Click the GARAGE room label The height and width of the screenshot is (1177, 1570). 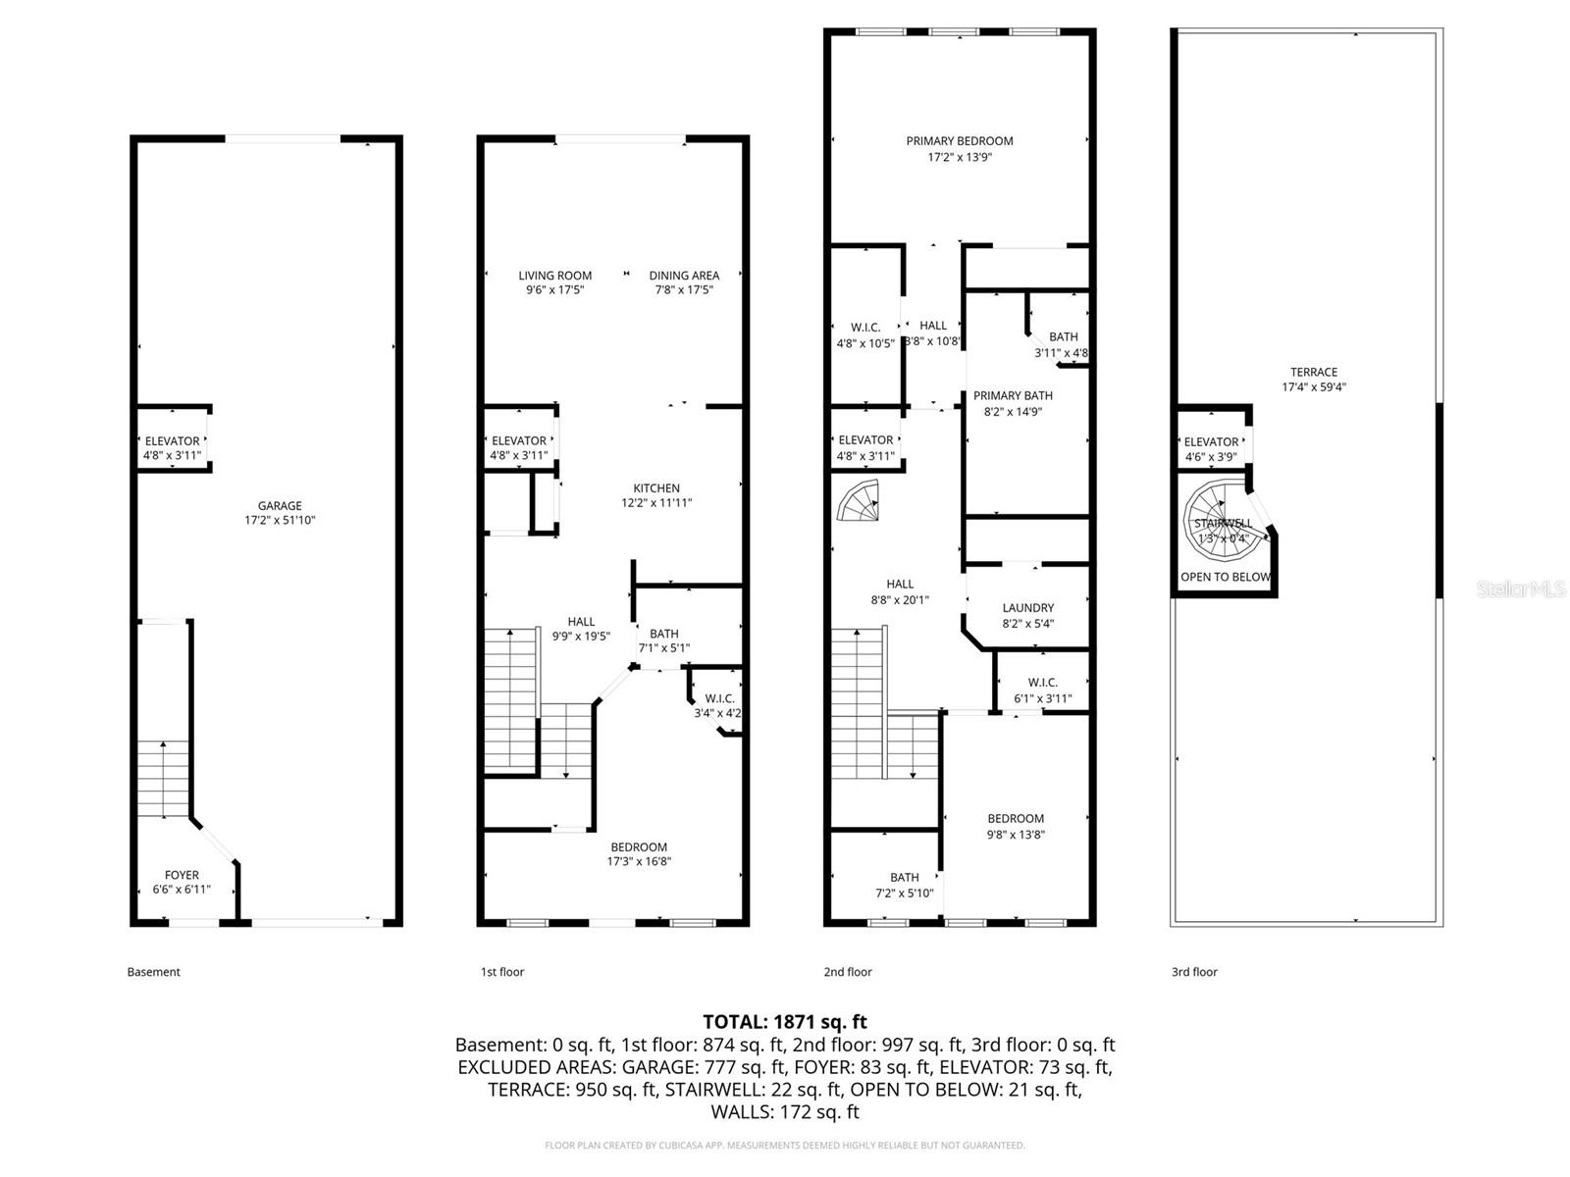280,506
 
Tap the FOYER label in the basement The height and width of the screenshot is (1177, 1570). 182,875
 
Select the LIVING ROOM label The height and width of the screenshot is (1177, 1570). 555,276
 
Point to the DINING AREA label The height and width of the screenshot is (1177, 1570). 684,276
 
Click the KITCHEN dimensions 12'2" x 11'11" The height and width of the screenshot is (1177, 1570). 656,503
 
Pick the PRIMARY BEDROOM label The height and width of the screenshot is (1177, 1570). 960,141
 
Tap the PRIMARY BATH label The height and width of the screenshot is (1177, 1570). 1013,396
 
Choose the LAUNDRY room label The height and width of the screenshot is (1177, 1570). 1028,608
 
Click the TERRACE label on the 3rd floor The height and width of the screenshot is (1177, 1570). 1314,372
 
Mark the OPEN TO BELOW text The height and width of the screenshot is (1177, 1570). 1225,577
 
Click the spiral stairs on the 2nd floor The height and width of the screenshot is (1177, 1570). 858,502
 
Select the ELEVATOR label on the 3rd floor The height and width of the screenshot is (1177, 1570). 1211,442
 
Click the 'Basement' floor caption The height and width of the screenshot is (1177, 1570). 154,972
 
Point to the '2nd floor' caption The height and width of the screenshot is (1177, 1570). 848,972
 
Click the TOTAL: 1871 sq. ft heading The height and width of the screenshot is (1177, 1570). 785,1022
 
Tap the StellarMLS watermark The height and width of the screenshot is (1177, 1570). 1521,589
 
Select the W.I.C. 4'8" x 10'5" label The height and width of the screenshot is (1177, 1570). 865,335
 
